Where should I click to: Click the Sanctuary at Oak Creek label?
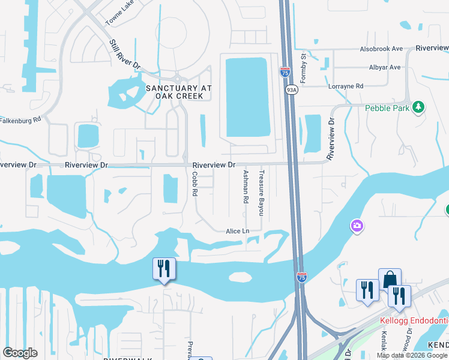point(179,92)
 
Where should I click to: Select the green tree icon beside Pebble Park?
point(419,107)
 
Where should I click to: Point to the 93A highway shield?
point(291,90)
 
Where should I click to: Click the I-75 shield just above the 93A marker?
point(285,73)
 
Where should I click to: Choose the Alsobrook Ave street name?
point(381,49)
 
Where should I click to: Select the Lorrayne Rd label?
point(346,86)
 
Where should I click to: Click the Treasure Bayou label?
point(261,193)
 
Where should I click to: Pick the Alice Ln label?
point(237,231)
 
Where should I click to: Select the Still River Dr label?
point(124,55)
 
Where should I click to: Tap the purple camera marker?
point(357,226)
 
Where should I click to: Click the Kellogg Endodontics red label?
point(414,320)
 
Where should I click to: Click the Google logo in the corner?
point(20,353)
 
